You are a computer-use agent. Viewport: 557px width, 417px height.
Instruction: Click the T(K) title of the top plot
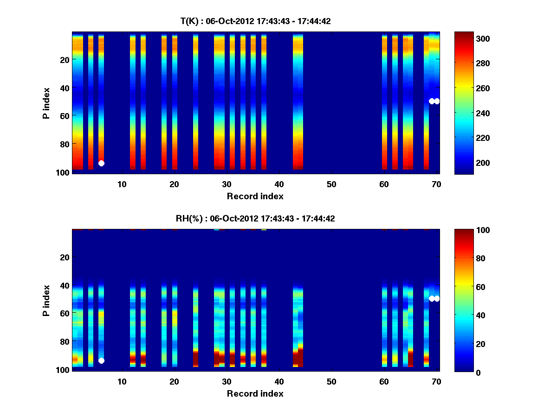coord(255,21)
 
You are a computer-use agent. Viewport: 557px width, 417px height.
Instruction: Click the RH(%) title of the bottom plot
coord(255,219)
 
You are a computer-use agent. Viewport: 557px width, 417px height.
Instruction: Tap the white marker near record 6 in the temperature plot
coord(101,163)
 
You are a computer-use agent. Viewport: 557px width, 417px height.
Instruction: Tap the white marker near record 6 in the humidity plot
coord(101,360)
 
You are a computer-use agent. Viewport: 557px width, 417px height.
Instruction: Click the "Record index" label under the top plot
coord(255,196)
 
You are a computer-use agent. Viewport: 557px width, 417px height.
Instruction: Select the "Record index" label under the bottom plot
coord(255,393)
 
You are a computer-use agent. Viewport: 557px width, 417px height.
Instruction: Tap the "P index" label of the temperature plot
coord(46,103)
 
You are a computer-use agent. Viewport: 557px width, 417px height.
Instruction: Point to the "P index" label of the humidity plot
coord(46,300)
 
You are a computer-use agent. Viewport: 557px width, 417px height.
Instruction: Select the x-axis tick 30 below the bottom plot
coord(227,381)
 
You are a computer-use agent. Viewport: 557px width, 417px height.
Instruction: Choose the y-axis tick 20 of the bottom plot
coord(65,257)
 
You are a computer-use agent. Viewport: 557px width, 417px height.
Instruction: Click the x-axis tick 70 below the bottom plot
coord(436,381)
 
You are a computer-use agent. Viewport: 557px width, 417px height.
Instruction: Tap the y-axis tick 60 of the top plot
coord(65,115)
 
